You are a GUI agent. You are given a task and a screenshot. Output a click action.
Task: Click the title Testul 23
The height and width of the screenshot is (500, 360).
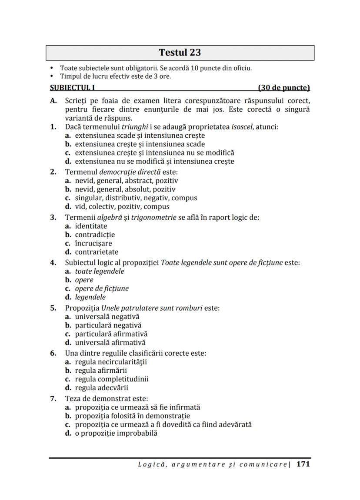click(180, 53)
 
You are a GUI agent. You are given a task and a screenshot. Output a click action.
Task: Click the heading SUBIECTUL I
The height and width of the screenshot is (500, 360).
click(73, 88)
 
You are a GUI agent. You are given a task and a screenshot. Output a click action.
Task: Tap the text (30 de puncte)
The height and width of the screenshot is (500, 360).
click(283, 88)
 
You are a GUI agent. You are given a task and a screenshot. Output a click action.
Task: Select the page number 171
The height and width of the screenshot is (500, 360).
click(303, 464)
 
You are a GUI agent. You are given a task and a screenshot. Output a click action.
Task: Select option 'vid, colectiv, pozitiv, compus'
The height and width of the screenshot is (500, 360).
click(122, 206)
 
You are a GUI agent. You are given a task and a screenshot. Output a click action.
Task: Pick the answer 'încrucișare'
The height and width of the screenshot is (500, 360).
click(93, 243)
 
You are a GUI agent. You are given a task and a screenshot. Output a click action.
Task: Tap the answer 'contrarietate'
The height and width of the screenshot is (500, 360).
click(97, 252)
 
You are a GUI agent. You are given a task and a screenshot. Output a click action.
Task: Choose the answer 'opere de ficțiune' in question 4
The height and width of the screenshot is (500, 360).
click(102, 288)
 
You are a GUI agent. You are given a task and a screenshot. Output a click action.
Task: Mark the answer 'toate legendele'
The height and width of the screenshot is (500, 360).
click(100, 271)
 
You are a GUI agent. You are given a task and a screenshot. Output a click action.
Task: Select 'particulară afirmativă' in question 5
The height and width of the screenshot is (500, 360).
click(111, 334)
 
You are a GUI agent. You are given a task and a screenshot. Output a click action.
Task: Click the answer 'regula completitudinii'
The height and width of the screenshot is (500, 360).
click(111, 379)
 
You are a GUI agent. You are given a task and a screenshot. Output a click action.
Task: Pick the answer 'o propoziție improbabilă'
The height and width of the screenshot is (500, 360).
click(116, 433)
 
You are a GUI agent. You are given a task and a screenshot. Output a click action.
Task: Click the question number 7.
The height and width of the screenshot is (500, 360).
click(53, 398)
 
